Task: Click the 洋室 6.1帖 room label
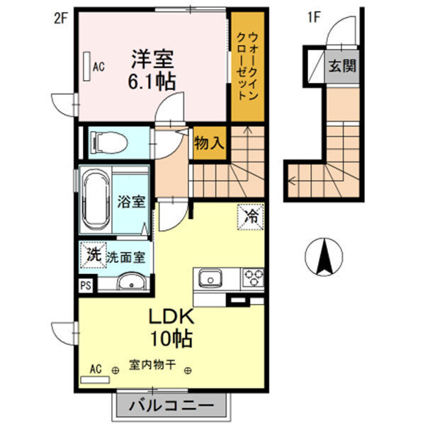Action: pyautogui.click(x=152, y=68)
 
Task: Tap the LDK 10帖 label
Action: pyautogui.click(x=170, y=327)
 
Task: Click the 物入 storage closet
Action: pyautogui.click(x=209, y=142)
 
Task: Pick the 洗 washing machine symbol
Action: pyautogui.click(x=93, y=256)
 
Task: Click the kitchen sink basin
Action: pyautogui.click(x=210, y=277)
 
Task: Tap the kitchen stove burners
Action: pyautogui.click(x=253, y=277)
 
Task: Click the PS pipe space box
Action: pyautogui.click(x=86, y=285)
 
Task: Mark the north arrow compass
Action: pyautogui.click(x=324, y=258)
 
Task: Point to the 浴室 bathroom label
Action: pyautogui.click(x=132, y=201)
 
